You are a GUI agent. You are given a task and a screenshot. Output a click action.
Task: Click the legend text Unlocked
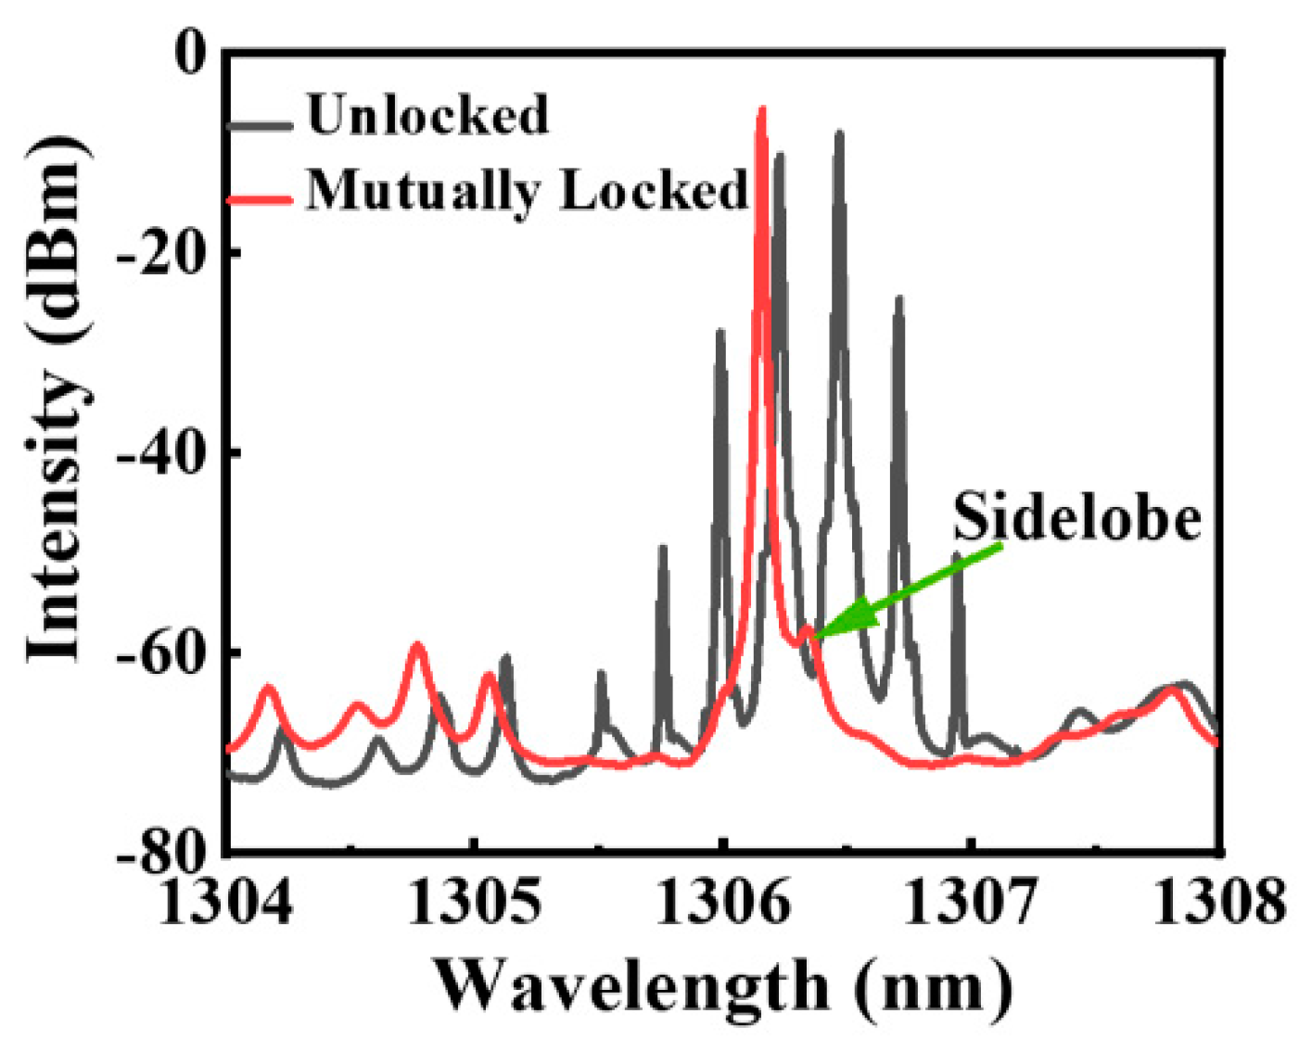427,116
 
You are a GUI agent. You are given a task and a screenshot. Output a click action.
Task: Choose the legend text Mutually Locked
526,192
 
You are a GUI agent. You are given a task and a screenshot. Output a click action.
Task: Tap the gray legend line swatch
260,123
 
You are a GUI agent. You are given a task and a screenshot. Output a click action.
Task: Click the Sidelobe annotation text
1076,517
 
